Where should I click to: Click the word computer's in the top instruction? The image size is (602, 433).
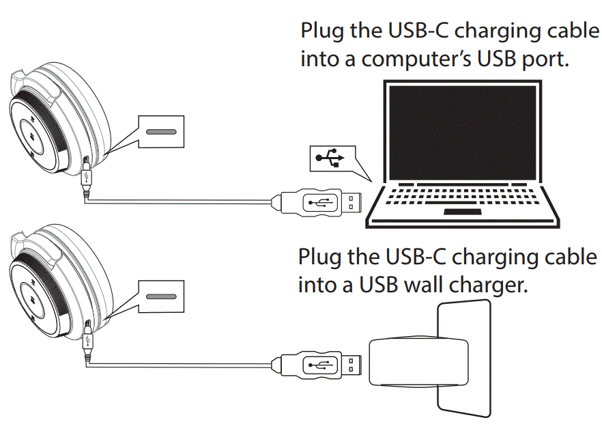tap(418, 59)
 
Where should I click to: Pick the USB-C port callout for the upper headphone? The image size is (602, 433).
tap(160, 130)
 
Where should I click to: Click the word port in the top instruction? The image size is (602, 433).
tap(543, 60)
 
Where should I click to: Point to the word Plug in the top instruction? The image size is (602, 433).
tap(324, 32)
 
